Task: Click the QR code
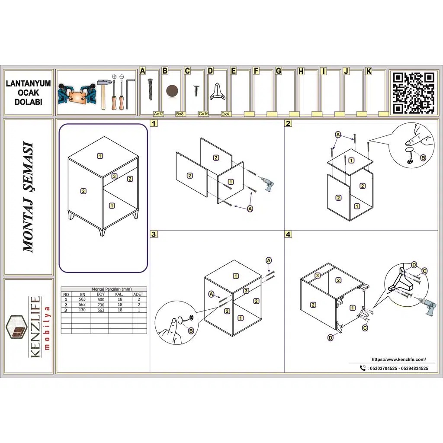click(414, 93)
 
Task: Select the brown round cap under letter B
click(172, 91)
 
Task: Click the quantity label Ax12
click(159, 114)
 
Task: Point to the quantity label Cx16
click(203, 114)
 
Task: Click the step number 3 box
click(154, 234)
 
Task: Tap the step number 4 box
click(288, 234)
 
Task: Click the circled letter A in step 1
click(250, 209)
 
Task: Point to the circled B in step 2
click(423, 157)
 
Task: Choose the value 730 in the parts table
click(101, 305)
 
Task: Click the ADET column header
click(138, 294)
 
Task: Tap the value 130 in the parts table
click(82, 310)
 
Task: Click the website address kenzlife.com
click(398, 360)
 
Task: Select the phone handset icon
click(363, 368)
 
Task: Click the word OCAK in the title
click(29, 93)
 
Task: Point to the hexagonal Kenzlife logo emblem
click(19, 327)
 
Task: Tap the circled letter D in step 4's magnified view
click(414, 265)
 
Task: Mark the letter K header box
click(369, 71)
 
